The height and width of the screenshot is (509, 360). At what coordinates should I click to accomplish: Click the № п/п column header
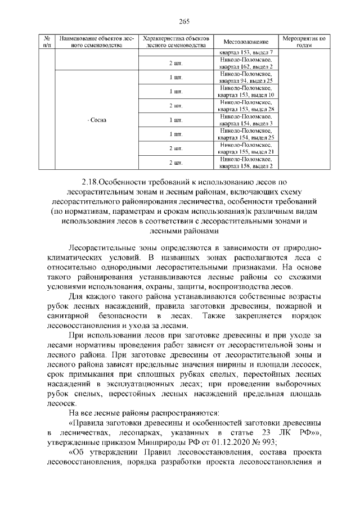click(x=47, y=42)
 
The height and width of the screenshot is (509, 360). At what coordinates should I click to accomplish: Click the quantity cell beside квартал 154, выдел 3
click(x=175, y=120)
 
